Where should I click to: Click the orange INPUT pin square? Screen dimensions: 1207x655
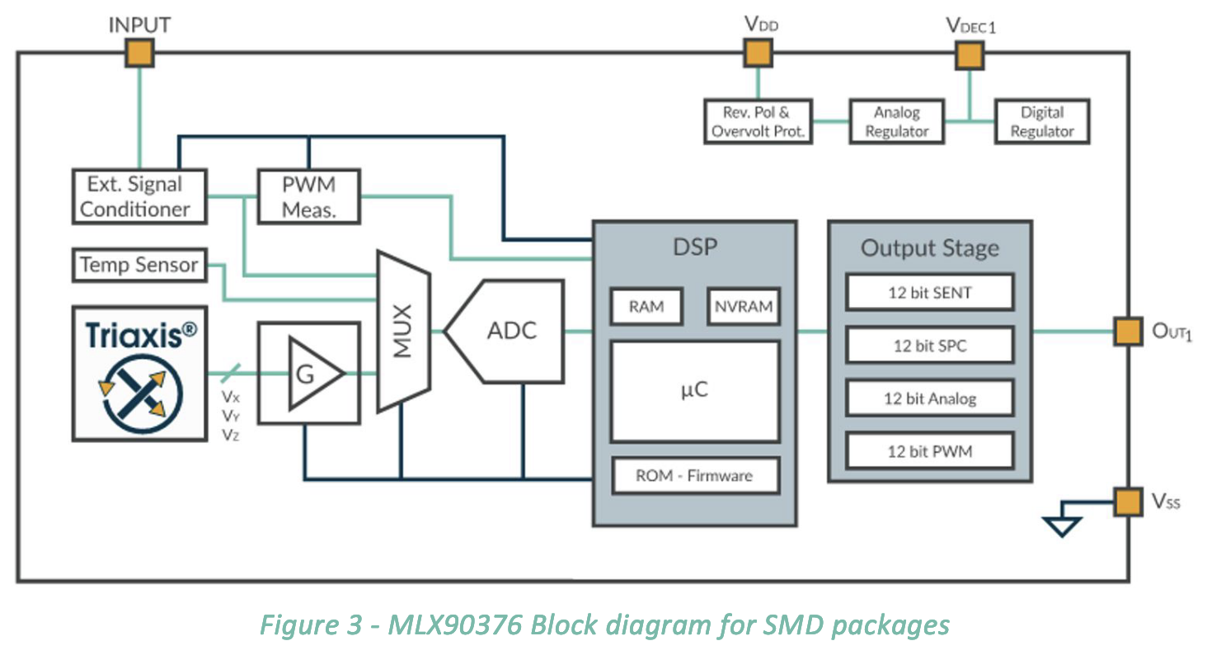coord(139,54)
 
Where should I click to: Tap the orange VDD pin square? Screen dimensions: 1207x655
coord(758,54)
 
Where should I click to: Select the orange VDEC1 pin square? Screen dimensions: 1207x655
coord(970,55)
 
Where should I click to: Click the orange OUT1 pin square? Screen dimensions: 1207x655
coord(1129,331)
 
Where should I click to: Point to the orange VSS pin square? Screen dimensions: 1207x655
coord(1129,502)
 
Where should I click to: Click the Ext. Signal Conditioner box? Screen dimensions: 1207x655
coord(139,197)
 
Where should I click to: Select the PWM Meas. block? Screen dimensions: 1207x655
coord(308,197)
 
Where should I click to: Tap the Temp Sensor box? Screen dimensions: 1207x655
coord(139,265)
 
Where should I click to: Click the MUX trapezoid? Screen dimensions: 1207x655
coord(404,332)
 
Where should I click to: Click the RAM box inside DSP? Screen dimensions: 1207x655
coord(646,306)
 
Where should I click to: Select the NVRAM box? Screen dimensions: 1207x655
coord(744,306)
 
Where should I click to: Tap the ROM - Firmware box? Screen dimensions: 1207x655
coord(695,475)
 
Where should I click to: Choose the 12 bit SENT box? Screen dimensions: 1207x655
coord(930,292)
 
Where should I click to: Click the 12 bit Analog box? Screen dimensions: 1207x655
coord(930,398)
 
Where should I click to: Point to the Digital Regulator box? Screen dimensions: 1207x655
coord(1042,121)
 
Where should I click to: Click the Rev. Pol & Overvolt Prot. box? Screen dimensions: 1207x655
coord(758,121)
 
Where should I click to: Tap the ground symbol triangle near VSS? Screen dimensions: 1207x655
coord(1062,526)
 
